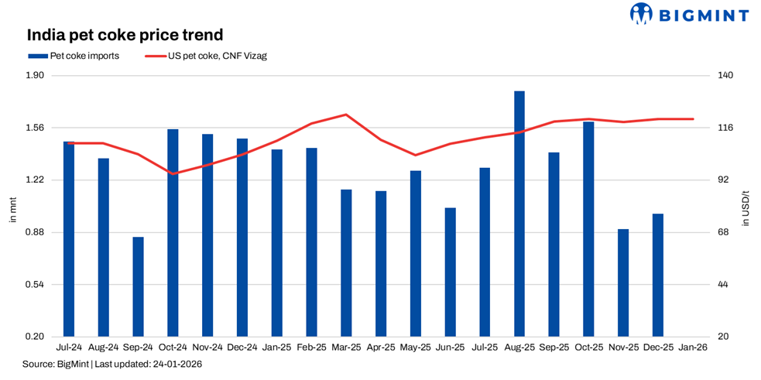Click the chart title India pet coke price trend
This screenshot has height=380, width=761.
(125, 35)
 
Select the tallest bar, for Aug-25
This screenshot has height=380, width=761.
(519, 214)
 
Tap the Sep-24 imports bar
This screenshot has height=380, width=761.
(138, 286)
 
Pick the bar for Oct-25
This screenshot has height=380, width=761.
(588, 229)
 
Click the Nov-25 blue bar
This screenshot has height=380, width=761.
(623, 282)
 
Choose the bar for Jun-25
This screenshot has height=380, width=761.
(450, 272)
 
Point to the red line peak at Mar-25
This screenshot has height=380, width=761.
(346, 115)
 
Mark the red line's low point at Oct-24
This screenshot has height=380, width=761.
(173, 173)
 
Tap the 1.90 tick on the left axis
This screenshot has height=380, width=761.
(36, 76)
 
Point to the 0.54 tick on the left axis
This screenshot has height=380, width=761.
(36, 285)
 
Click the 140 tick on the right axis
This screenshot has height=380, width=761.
(724, 76)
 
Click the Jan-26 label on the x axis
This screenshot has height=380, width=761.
(693, 348)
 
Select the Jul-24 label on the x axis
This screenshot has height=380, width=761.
(69, 348)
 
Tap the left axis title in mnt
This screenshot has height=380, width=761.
(12, 209)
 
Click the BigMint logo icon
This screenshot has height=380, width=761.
(642, 13)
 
